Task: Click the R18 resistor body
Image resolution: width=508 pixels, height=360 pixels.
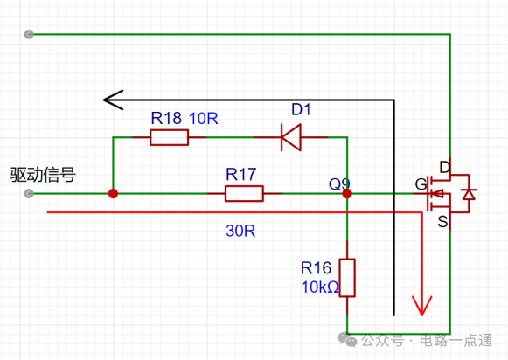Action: (x=169, y=137)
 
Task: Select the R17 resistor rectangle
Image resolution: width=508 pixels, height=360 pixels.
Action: (x=244, y=194)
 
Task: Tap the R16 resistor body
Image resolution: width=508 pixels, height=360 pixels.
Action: (x=347, y=278)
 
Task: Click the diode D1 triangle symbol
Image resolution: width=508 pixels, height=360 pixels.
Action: (x=291, y=137)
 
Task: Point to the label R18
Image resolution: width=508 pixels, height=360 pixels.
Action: (x=166, y=118)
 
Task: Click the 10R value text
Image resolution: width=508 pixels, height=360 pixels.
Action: (x=204, y=119)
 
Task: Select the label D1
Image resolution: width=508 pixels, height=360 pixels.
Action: (x=301, y=109)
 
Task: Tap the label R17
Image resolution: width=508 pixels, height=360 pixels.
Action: (x=241, y=175)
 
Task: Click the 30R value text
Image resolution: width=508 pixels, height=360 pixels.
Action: (x=240, y=231)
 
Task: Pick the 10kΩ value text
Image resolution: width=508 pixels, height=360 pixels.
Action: (x=320, y=287)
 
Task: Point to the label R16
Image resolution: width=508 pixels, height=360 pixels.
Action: (x=316, y=268)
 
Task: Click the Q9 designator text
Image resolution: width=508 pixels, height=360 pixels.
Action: (x=339, y=184)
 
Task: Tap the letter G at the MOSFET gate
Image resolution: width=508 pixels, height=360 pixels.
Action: (x=421, y=184)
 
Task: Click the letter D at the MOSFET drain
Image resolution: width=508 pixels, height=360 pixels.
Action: (x=445, y=168)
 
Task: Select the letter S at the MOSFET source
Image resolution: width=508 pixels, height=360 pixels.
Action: (x=442, y=222)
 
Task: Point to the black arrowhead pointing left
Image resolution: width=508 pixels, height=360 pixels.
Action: (x=113, y=100)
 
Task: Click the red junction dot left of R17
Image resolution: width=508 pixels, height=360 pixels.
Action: (x=113, y=194)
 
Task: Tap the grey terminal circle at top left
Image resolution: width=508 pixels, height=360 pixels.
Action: (x=29, y=34)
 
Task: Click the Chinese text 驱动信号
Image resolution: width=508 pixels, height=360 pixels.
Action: (x=43, y=175)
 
